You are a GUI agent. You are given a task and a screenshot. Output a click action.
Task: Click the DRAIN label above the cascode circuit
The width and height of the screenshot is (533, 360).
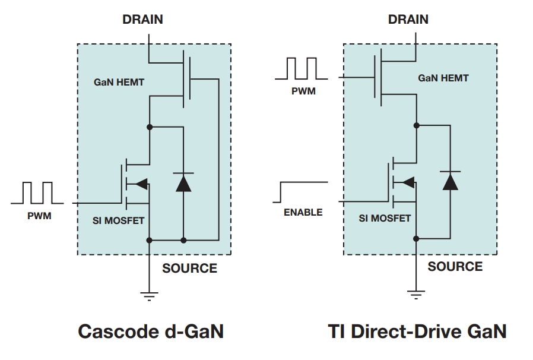point(142,19)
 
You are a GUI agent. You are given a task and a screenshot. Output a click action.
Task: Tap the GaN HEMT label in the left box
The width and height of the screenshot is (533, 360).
point(119,82)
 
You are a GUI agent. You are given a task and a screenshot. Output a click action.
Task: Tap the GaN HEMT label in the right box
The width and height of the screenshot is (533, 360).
point(443,78)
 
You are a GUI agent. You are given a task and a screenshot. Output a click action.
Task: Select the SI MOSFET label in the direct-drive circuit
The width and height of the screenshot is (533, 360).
point(385,218)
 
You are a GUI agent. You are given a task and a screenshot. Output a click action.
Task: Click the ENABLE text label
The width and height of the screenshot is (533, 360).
point(303,212)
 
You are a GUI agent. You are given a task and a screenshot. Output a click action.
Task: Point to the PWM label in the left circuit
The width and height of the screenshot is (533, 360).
point(39,216)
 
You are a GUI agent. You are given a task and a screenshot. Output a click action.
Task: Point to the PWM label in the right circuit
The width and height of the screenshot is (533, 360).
point(303,91)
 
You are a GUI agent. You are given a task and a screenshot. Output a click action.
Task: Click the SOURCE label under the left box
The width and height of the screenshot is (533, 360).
point(189,268)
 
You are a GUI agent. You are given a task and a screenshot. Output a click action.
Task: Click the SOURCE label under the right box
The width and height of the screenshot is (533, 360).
point(455,266)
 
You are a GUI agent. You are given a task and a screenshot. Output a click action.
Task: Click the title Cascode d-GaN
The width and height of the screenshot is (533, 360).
point(151,331)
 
